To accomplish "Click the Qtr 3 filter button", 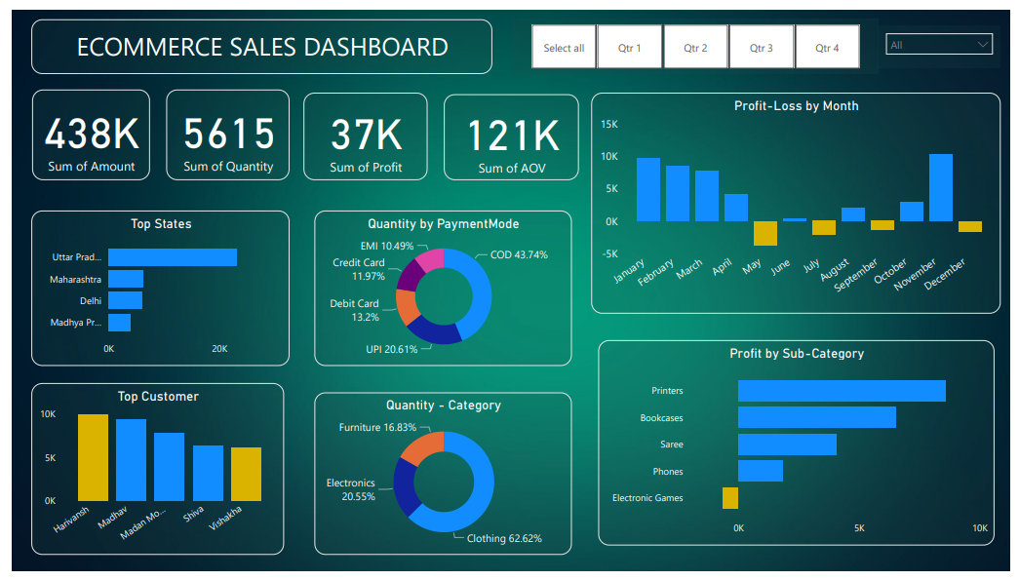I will tap(762, 48).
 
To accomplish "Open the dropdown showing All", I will tap(938, 45).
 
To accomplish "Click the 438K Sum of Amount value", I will tap(92, 134).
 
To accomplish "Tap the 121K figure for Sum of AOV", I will tap(512, 136).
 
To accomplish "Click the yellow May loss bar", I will tap(765, 233).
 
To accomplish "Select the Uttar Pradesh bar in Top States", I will tap(173, 257).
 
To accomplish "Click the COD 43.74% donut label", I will tap(512, 255).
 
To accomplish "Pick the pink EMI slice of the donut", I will tap(430, 260).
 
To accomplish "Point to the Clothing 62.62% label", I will tap(503, 538).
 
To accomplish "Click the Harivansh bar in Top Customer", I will tap(93, 457).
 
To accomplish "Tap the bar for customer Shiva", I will tap(208, 473).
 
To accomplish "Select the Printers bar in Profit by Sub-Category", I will tap(842, 391).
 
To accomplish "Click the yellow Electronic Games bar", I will tap(730, 498).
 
